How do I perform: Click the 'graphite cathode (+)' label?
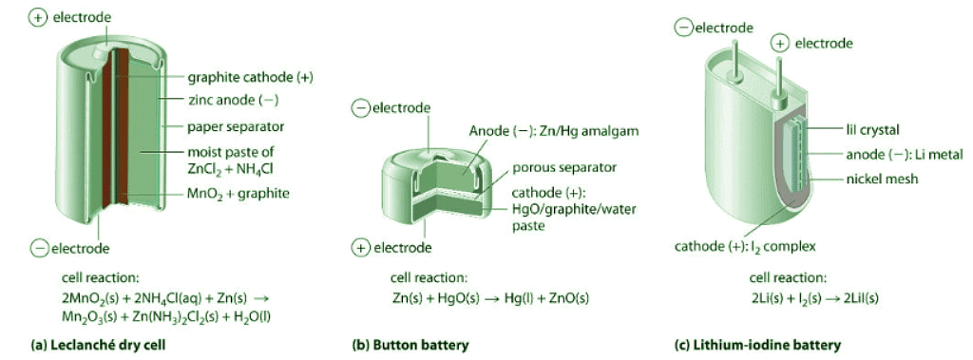click(x=250, y=78)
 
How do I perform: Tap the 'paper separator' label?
click(x=236, y=127)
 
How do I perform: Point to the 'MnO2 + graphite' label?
click(x=238, y=194)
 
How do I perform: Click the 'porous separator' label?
click(x=564, y=168)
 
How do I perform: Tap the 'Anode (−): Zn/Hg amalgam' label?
click(x=554, y=131)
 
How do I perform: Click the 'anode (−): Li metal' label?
click(x=905, y=155)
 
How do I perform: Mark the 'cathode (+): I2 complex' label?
click(x=745, y=247)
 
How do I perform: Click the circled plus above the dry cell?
click(x=38, y=18)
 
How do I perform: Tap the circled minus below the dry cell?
click(x=39, y=248)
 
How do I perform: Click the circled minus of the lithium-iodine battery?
click(x=683, y=28)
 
